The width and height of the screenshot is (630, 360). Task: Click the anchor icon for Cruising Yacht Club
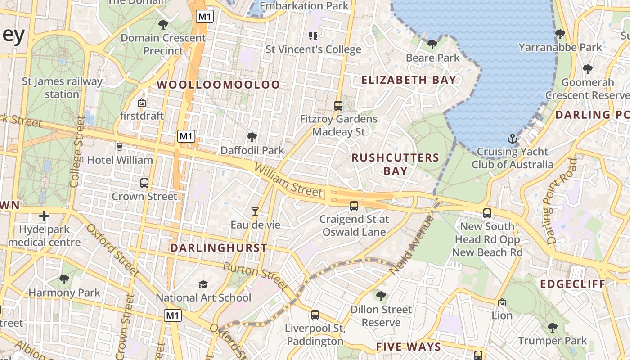[512, 139]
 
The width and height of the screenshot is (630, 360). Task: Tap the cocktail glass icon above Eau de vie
[255, 211]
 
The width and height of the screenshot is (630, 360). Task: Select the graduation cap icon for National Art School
[203, 284]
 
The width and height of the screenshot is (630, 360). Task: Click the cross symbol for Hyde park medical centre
[44, 216]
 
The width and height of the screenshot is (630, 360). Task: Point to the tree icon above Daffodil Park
[252, 137]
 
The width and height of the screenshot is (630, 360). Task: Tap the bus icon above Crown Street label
[144, 183]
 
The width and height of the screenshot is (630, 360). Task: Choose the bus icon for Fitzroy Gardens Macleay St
[338, 106]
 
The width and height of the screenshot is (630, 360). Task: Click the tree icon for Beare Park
[432, 44]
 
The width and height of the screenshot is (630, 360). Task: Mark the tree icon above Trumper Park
[553, 327]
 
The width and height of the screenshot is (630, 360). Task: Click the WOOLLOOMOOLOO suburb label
[218, 85]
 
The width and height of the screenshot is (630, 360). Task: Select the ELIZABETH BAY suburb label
[409, 80]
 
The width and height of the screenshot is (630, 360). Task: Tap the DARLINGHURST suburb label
[219, 248]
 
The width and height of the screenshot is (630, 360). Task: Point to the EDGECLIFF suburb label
[572, 284]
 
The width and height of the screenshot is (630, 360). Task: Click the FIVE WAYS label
[409, 346]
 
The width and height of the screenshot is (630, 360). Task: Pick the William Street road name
[288, 180]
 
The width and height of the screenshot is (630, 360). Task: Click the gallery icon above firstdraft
[142, 103]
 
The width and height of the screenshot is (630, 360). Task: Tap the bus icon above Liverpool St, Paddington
[315, 315]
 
